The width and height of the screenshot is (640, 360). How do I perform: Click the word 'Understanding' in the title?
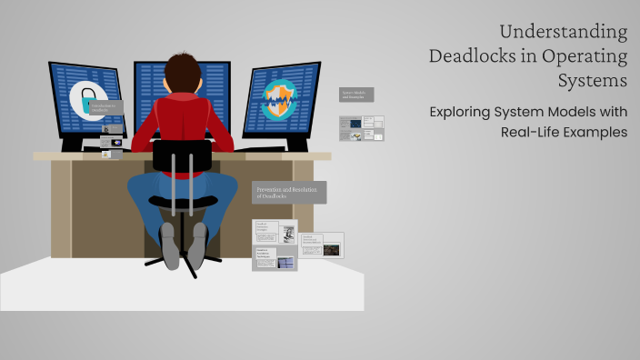tap(563, 33)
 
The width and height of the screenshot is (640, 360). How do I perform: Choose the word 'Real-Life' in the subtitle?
tap(533, 133)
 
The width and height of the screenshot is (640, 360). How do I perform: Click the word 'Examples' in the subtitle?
tap(595, 133)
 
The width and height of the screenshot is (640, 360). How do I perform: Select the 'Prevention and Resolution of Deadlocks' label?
tap(289, 192)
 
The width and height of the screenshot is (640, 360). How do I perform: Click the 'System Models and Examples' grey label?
tap(356, 95)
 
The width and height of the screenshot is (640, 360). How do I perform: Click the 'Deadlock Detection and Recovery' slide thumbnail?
tap(322, 245)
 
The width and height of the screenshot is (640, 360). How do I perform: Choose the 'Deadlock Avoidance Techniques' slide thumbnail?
tap(275, 258)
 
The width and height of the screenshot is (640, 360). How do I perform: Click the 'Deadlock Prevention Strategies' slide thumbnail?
tap(275, 233)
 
